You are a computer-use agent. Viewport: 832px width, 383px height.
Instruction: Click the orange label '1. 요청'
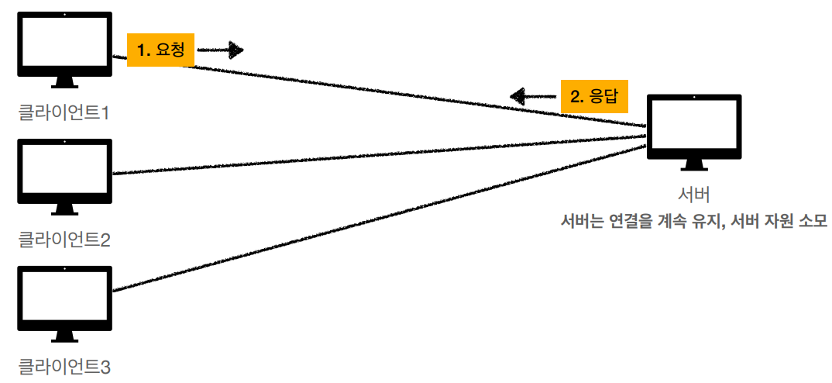coord(160,50)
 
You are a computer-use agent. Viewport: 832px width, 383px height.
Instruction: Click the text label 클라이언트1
coord(65,112)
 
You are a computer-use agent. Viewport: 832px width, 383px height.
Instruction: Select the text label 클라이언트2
coord(65,240)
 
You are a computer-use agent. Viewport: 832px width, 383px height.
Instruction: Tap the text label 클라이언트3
coord(65,366)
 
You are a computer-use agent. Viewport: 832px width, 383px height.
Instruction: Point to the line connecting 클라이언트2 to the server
coord(380,154)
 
